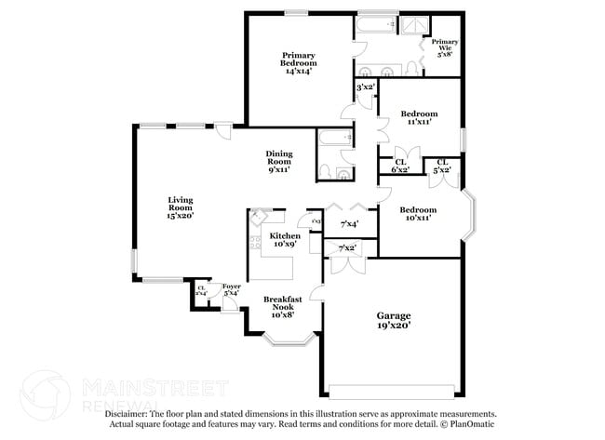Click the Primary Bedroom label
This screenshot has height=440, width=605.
coord(299,62)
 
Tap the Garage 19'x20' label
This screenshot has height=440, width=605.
coord(394,321)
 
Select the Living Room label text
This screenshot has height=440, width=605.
coord(180,207)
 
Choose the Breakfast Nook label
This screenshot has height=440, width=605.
coord(280,306)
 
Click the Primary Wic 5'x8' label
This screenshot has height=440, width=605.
coord(444,47)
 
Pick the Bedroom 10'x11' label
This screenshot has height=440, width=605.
coord(418,215)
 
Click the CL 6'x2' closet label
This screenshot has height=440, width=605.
coord(400,166)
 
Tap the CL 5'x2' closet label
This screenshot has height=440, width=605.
coord(443,166)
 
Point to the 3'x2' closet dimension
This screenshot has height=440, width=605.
coord(366,88)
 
